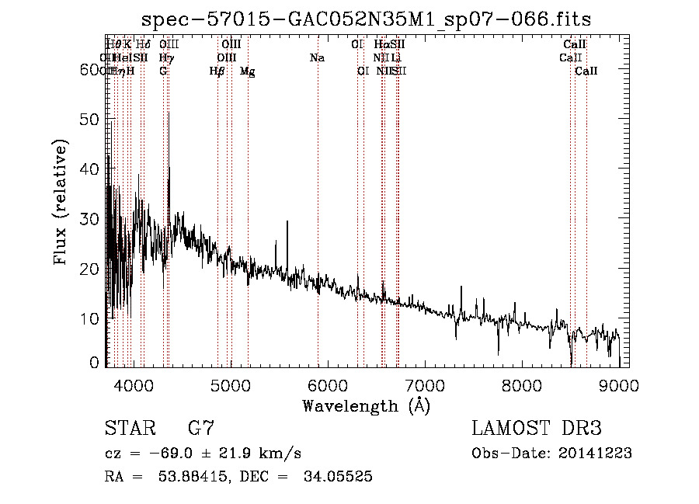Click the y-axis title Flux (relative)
tap(61, 202)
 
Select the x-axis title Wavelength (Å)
tap(366, 406)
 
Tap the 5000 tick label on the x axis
tap(230, 386)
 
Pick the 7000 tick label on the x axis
tap(425, 386)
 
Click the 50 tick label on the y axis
tap(92, 119)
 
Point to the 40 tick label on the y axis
tap(92, 169)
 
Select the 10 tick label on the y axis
tap(92, 318)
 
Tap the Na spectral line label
tap(317, 58)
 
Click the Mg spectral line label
tap(247, 71)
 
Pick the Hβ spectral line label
tap(217, 71)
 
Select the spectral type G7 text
tap(200, 429)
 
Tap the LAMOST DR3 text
tap(537, 429)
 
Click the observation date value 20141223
tap(595, 454)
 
